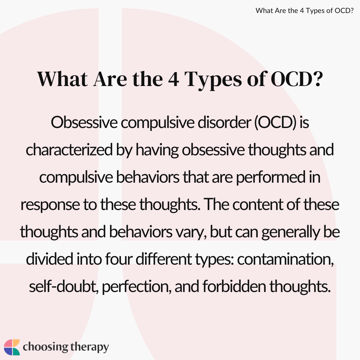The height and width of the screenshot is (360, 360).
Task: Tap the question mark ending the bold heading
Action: click(318, 79)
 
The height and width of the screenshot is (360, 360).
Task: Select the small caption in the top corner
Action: click(304, 11)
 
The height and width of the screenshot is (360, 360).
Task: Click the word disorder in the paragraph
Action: click(224, 122)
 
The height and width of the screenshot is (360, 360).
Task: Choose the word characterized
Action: click(69, 150)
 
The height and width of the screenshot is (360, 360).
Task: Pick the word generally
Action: click(290, 232)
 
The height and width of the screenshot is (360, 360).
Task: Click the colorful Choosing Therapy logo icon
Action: click(12, 347)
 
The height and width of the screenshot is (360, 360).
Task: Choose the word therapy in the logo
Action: click(90, 347)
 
